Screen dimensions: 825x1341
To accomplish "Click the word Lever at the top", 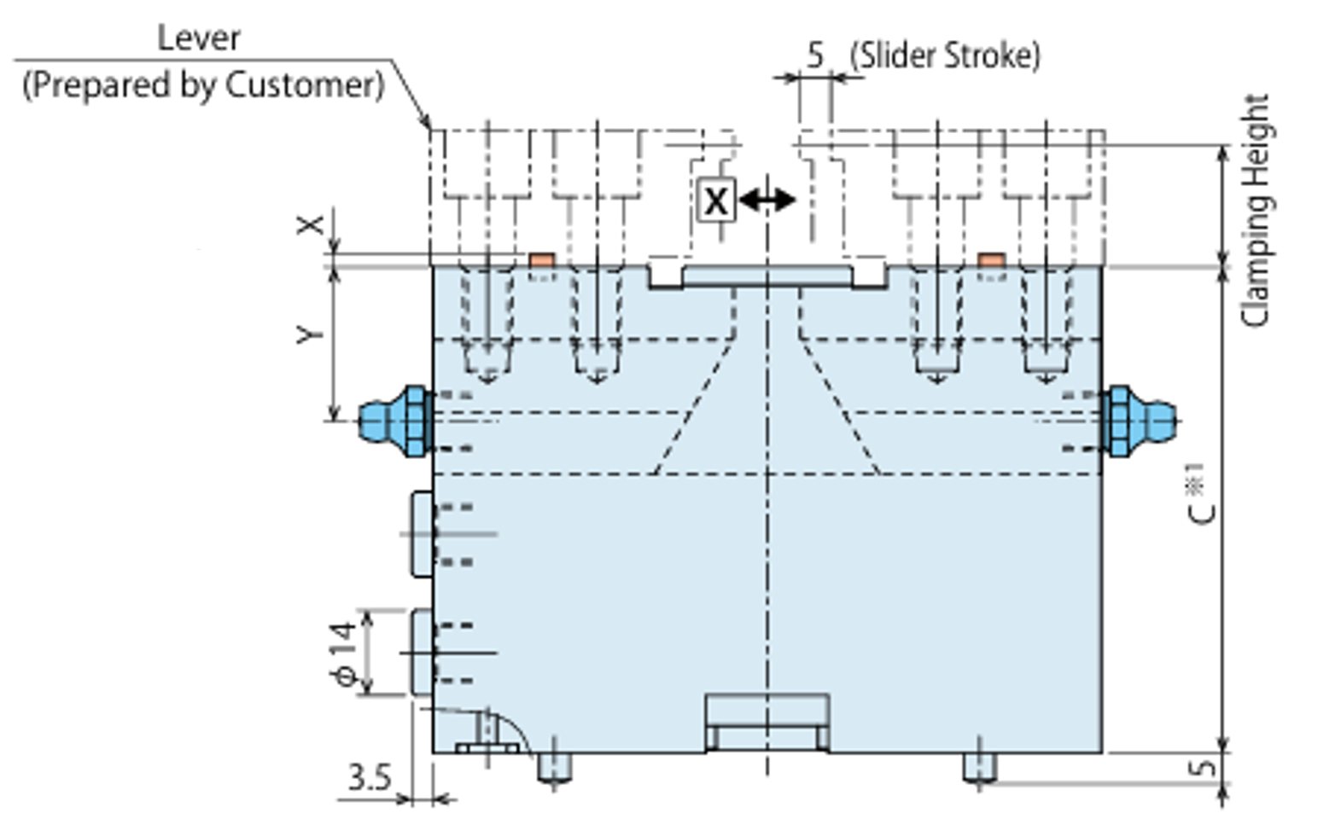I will pyautogui.click(x=198, y=38).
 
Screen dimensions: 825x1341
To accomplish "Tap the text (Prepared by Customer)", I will pyautogui.click(x=203, y=85).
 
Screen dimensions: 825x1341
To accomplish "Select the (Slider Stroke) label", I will pyautogui.click(x=945, y=56).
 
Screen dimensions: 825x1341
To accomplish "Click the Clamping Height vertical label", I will pyautogui.click(x=1255, y=210).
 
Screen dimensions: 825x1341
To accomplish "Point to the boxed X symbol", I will pyautogui.click(x=715, y=200).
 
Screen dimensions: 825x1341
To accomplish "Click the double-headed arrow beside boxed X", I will pyautogui.click(x=767, y=200).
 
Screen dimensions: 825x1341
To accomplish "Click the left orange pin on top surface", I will pyautogui.click(x=541, y=259).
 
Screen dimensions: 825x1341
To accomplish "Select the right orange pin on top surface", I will pyautogui.click(x=990, y=259).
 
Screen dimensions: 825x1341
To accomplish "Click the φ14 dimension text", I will pyautogui.click(x=343, y=654).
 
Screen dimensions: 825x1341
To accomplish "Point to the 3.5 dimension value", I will pyautogui.click(x=369, y=778).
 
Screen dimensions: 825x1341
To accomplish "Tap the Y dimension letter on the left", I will pyautogui.click(x=311, y=333).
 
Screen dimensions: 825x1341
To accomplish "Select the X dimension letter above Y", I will pyautogui.click(x=311, y=224).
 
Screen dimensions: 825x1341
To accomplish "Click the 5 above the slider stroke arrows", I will pyautogui.click(x=815, y=55).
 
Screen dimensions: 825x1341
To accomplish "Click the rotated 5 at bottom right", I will pyautogui.click(x=1202, y=767).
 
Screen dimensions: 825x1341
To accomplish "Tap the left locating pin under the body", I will pyautogui.click(x=553, y=768).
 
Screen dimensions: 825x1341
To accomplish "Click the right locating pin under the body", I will pyautogui.click(x=979, y=768).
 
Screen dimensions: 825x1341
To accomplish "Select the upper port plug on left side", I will pyautogui.click(x=422, y=534).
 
